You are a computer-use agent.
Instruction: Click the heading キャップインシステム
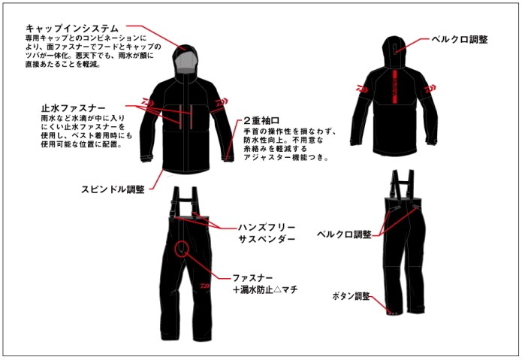(72, 28)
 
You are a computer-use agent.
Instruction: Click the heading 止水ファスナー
(73, 108)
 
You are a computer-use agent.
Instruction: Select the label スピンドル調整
(113, 189)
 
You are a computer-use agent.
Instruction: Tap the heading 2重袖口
(261, 121)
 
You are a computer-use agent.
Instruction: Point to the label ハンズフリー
(267, 228)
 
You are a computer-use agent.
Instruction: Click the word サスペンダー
(267, 239)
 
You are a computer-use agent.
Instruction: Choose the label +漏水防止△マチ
(265, 289)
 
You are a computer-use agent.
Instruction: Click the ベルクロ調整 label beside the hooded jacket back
(460, 39)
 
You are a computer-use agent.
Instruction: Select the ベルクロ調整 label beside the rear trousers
(344, 234)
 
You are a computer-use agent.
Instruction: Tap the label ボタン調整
(351, 296)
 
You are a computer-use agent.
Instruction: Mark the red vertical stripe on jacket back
(394, 87)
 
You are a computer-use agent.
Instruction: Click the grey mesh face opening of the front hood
(185, 62)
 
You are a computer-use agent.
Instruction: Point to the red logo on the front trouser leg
(205, 286)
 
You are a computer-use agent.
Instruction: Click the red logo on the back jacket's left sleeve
(361, 89)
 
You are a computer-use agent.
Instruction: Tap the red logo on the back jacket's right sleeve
(430, 89)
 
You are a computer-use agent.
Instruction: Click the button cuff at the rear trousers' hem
(392, 313)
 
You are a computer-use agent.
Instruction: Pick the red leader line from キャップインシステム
(156, 37)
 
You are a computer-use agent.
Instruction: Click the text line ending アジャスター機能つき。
(286, 157)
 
